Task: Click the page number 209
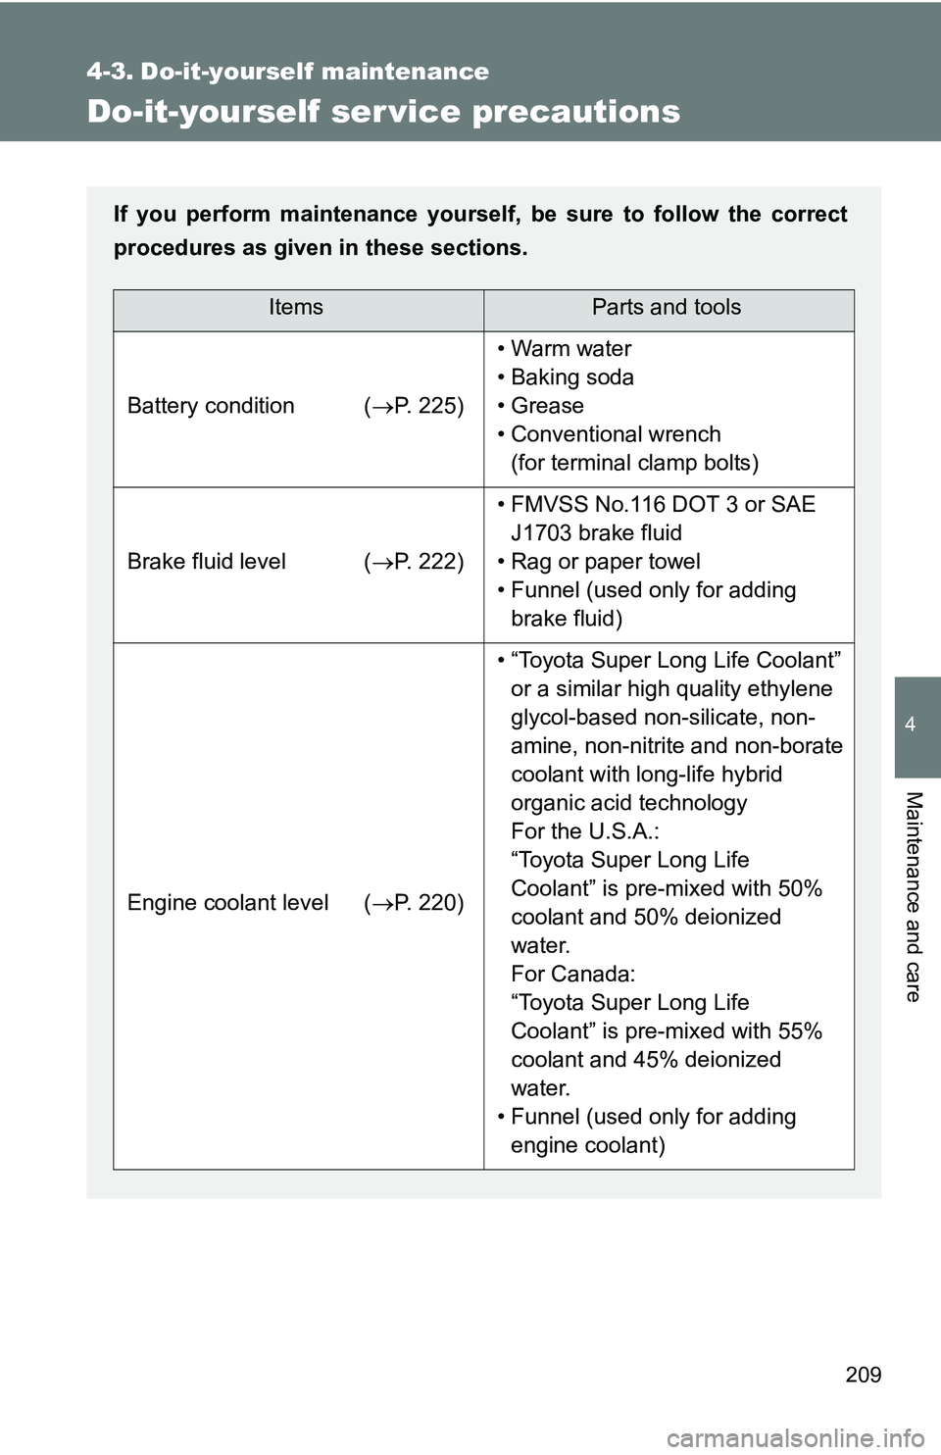tap(863, 1375)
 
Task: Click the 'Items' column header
tap(296, 308)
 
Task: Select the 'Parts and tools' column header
tap(667, 308)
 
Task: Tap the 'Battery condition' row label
tap(211, 406)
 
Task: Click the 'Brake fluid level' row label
tap(207, 562)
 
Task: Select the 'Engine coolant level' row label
tap(227, 903)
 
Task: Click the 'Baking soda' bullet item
tap(572, 377)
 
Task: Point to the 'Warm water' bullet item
tap(570, 349)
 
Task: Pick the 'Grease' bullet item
tap(547, 406)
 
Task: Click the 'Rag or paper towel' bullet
tap(605, 562)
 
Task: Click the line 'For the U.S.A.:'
tap(584, 831)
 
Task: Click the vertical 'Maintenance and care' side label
tap(913, 896)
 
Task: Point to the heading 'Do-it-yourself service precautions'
tap(383, 112)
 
